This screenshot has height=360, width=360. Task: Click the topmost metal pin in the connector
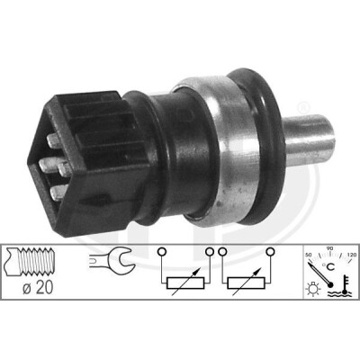point(54,140)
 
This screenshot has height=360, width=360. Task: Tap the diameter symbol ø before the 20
point(27,289)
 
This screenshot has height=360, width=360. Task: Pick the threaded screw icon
point(30,262)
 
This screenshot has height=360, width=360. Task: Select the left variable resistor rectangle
point(185,283)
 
